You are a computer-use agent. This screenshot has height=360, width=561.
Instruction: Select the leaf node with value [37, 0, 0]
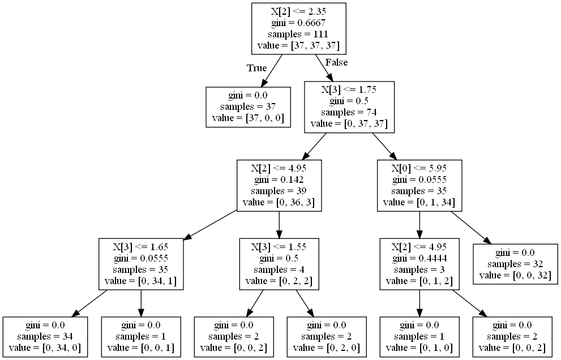click(248, 107)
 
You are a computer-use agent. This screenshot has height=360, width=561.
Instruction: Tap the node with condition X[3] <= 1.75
click(349, 107)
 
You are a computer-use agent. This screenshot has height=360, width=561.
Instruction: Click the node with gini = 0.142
click(279, 185)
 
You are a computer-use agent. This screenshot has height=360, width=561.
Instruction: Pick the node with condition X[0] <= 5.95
click(419, 185)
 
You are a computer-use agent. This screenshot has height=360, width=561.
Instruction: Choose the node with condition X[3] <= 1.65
click(142, 263)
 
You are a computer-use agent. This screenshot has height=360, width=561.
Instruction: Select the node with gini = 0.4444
click(419, 263)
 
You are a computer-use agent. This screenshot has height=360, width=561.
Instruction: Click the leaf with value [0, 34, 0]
click(46, 337)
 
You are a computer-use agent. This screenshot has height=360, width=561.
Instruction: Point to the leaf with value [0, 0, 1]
click(141, 337)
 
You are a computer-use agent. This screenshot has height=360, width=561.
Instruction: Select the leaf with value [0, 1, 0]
click(420, 337)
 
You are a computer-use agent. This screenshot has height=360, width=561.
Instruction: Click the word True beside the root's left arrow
click(256, 68)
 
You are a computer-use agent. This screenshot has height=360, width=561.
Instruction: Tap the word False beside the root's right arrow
click(336, 62)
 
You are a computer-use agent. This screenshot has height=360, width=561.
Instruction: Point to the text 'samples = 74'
click(349, 112)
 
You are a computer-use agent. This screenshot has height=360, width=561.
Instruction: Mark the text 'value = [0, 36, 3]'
click(279, 202)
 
